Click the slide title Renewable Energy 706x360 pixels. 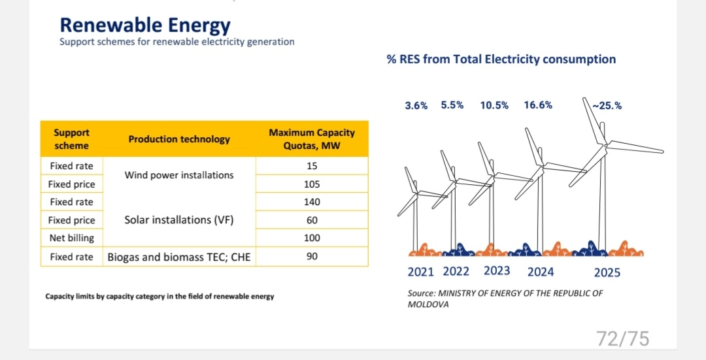(x=145, y=25)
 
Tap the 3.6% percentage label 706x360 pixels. (x=416, y=105)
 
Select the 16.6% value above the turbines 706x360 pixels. (x=538, y=105)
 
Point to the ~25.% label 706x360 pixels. (x=607, y=105)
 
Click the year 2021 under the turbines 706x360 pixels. (x=421, y=272)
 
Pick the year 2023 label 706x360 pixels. (x=497, y=271)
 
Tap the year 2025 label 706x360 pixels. (x=607, y=272)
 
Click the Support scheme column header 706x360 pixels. (x=72, y=139)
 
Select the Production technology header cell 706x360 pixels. (x=179, y=139)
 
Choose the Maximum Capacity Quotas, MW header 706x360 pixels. (x=312, y=139)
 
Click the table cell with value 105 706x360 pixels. (x=312, y=184)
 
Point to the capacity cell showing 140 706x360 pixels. (x=312, y=202)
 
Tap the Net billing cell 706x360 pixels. (x=72, y=238)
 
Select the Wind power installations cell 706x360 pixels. (x=179, y=175)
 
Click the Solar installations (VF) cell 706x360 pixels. (x=179, y=220)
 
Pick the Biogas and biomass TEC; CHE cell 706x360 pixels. (x=179, y=257)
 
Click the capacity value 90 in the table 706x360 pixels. (x=312, y=256)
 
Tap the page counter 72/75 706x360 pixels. (x=622, y=338)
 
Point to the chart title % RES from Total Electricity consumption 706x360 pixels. (x=501, y=59)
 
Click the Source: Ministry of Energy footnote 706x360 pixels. (x=505, y=299)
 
